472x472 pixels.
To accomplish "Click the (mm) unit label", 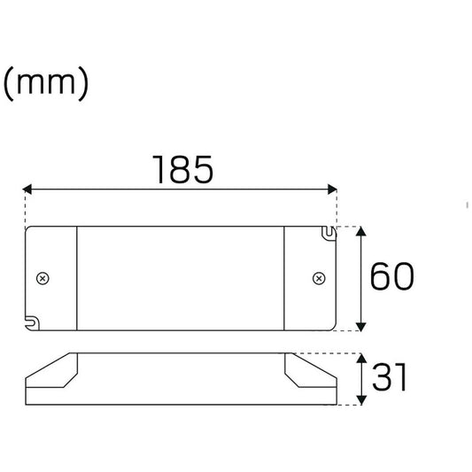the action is point(46,83).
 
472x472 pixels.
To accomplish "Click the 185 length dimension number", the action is point(183,169).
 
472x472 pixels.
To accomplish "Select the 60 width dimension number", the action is point(391,276).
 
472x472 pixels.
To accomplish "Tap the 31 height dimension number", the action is point(390,376).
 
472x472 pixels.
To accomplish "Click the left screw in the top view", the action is point(43,278).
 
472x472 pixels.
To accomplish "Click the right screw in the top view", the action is point(319,278).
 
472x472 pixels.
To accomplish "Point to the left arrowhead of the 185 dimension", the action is point(27,190).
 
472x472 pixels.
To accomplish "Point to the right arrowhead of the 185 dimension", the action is point(332,190).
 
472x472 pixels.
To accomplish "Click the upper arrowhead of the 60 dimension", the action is point(361,231).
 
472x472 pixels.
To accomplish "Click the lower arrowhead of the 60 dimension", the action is point(361,327).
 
